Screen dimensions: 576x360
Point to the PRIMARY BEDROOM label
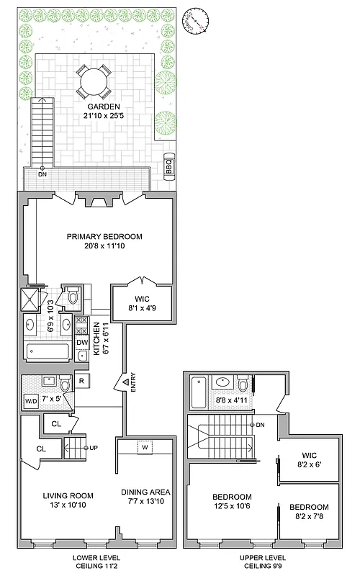coord(104,236)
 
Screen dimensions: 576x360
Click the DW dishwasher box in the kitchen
coord(81,343)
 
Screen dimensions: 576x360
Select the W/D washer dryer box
coord(32,401)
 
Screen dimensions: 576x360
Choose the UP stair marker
coord(93,448)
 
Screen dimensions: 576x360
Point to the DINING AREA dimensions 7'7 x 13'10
coord(146,500)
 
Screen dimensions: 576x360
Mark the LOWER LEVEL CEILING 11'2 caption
coord(96,562)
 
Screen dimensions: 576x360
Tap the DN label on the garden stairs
coord(42,175)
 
